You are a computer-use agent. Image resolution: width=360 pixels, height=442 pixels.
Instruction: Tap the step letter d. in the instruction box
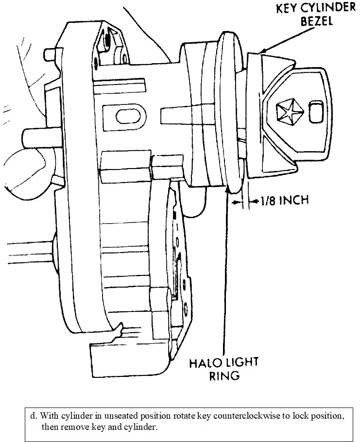tap(34, 416)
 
